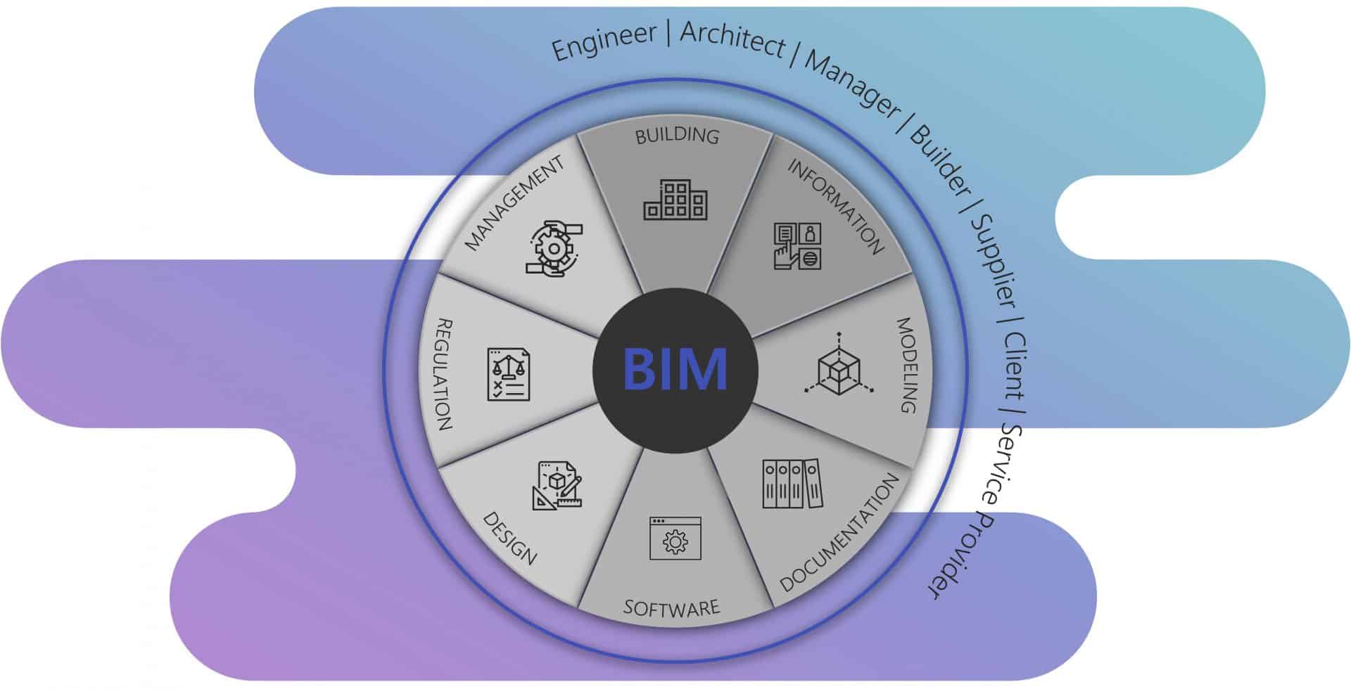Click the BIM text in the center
pyautogui.click(x=675, y=369)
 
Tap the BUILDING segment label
pyautogui.click(x=677, y=135)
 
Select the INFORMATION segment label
pyautogui.click(x=835, y=206)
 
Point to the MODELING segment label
pyautogui.click(x=907, y=365)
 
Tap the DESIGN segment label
pyautogui.click(x=510, y=538)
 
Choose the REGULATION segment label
pyautogui.click(x=444, y=374)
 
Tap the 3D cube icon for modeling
pyautogui.click(x=839, y=365)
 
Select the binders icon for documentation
pyautogui.click(x=792, y=484)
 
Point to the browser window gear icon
pyautogui.click(x=675, y=539)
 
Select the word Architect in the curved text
pyautogui.click(x=732, y=39)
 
